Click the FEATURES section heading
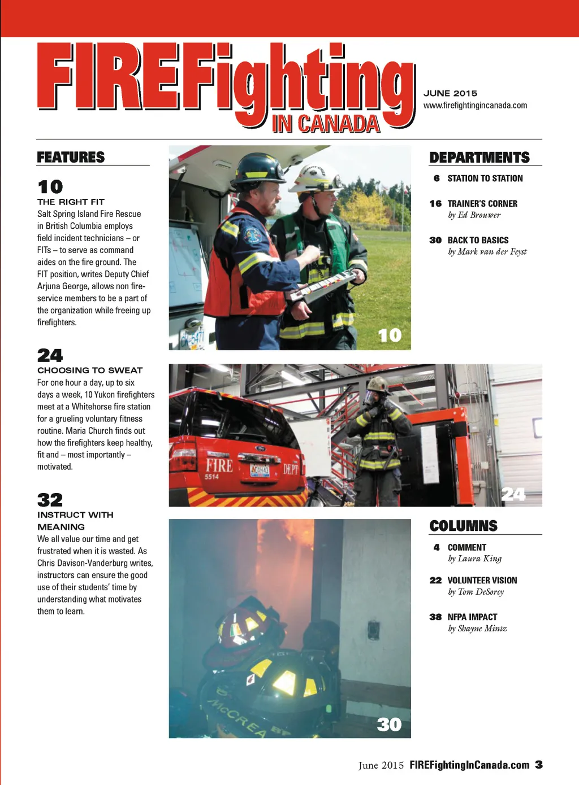click(71, 157)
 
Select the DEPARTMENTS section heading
click(479, 157)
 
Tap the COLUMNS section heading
click(463, 526)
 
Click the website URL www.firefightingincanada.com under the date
click(475, 106)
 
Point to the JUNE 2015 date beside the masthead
click(450, 93)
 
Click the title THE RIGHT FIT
click(71, 202)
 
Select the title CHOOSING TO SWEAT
click(90, 370)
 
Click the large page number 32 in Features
click(50, 500)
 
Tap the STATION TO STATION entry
click(485, 178)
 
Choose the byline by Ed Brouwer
click(474, 215)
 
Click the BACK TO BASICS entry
click(478, 240)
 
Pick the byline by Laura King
click(474, 559)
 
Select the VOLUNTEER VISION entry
click(482, 580)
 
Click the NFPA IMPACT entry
click(472, 617)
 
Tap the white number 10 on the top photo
click(390, 335)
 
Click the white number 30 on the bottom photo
click(389, 725)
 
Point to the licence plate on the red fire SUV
click(260, 470)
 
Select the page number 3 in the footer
click(539, 765)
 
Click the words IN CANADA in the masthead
click(325, 124)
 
